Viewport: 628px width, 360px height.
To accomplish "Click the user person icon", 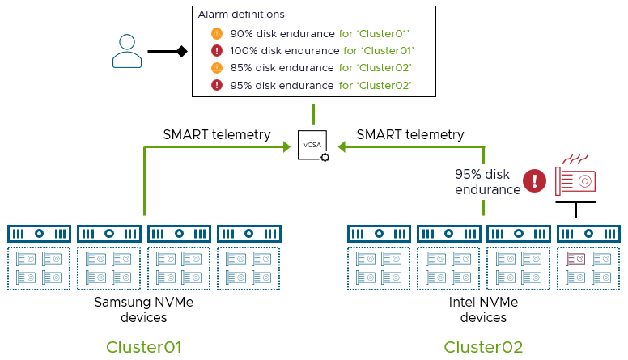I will (x=127, y=50).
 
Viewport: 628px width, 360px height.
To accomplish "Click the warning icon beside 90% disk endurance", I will (x=217, y=34).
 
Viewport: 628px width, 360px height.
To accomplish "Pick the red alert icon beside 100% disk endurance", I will (x=217, y=51).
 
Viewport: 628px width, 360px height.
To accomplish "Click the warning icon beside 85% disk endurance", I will (x=217, y=68).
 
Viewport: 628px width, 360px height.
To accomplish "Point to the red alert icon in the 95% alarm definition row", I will (x=217, y=85).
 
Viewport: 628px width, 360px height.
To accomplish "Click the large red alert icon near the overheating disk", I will (x=534, y=181).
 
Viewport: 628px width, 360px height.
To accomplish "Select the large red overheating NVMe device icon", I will (x=575, y=177).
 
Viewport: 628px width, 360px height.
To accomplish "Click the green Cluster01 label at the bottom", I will (x=143, y=347).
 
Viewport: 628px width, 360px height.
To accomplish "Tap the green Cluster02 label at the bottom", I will (x=483, y=347).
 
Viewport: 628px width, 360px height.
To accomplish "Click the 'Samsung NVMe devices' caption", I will (x=143, y=310).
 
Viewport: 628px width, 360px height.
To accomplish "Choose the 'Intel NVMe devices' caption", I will (x=483, y=310).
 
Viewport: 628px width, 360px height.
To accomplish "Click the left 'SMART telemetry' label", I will (x=217, y=134).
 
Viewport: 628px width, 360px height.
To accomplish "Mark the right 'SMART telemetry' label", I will (x=410, y=134).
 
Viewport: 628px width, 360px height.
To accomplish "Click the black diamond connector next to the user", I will (x=182, y=51).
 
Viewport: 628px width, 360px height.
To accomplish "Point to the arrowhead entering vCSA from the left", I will (x=286, y=146).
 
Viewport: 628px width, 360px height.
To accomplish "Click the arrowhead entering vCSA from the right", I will (x=341, y=146).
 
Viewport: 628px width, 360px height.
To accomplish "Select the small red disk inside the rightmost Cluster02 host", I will (x=575, y=259).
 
